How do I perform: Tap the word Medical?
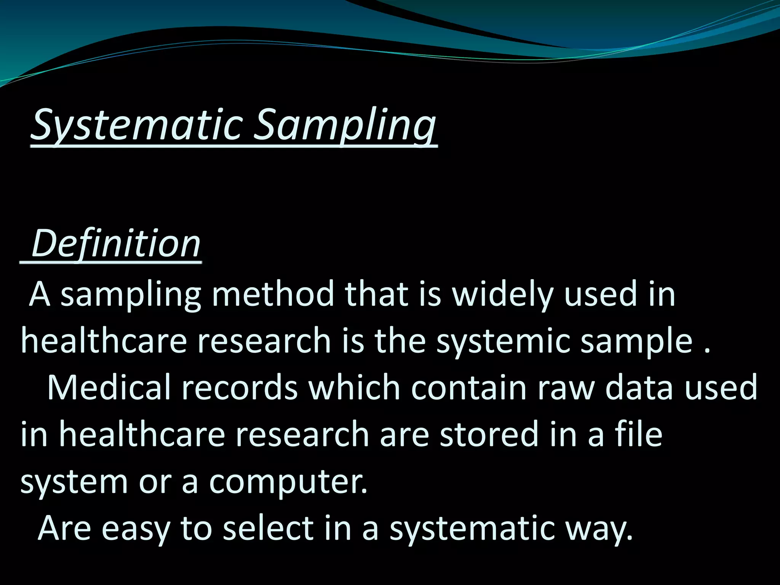[x=109, y=387]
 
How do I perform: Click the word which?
[x=355, y=387]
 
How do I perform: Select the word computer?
[x=288, y=481]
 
